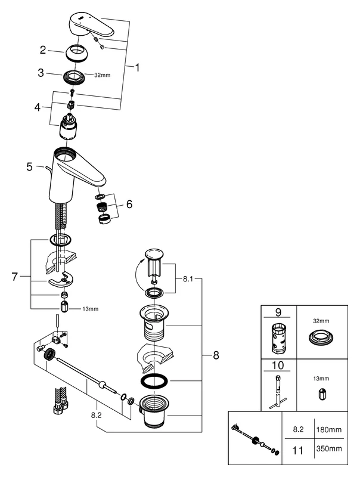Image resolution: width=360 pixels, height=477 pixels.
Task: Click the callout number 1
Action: tap(137, 67)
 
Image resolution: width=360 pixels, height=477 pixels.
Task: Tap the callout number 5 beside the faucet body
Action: tap(30, 167)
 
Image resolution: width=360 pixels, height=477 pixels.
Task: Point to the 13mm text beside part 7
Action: tap(91, 308)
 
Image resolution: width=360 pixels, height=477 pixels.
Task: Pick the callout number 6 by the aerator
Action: tap(129, 204)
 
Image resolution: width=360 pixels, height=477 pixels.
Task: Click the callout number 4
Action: tap(37, 108)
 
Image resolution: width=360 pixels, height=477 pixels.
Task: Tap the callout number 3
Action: tap(41, 73)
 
